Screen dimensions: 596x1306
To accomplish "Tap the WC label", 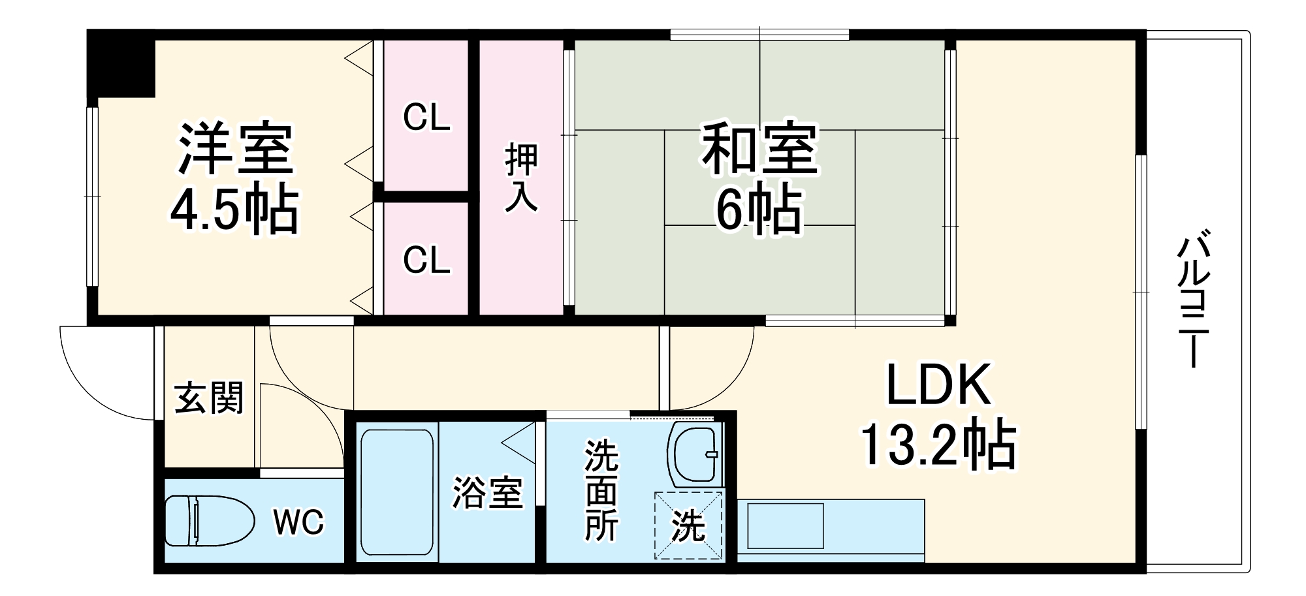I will [x=298, y=522].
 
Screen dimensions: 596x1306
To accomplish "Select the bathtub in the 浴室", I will [x=397, y=491].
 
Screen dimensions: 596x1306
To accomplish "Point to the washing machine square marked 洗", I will [x=689, y=525].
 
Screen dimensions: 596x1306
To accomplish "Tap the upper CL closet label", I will [x=426, y=118].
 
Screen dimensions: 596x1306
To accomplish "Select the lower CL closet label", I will [x=426, y=260].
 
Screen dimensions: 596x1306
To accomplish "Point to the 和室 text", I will [x=759, y=148].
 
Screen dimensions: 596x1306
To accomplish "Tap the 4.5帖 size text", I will [x=234, y=210].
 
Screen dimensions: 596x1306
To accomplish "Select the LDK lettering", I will [x=938, y=385].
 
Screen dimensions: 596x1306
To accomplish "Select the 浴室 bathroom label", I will [x=488, y=493].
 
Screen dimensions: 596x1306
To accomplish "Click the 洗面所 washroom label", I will [x=601, y=491].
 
